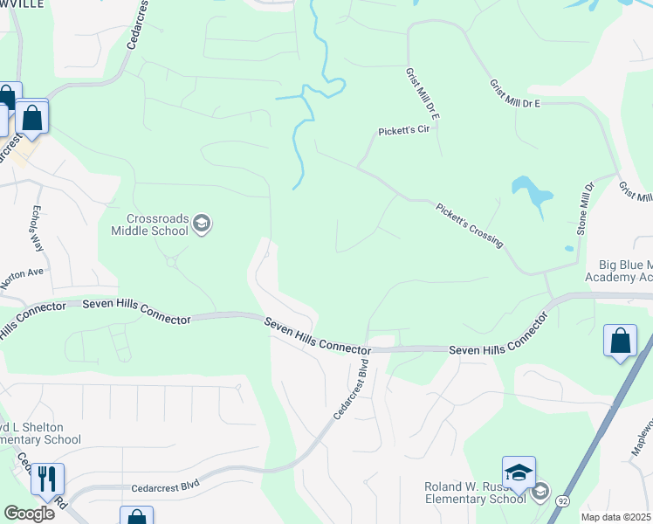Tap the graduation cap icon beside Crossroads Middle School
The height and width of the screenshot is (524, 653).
point(203,224)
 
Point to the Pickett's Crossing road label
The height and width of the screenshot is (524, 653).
point(470,224)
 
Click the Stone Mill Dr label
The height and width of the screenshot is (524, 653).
point(584,210)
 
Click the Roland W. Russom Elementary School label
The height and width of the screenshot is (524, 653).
point(473,493)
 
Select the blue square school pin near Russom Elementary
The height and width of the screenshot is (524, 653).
point(519,473)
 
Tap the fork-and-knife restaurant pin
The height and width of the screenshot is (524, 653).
point(46,479)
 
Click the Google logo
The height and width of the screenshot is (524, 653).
point(29,514)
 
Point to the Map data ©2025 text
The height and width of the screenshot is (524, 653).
point(615,517)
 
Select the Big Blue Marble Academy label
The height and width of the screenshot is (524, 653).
point(625,271)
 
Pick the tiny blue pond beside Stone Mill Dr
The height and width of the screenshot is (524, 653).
point(569,248)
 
